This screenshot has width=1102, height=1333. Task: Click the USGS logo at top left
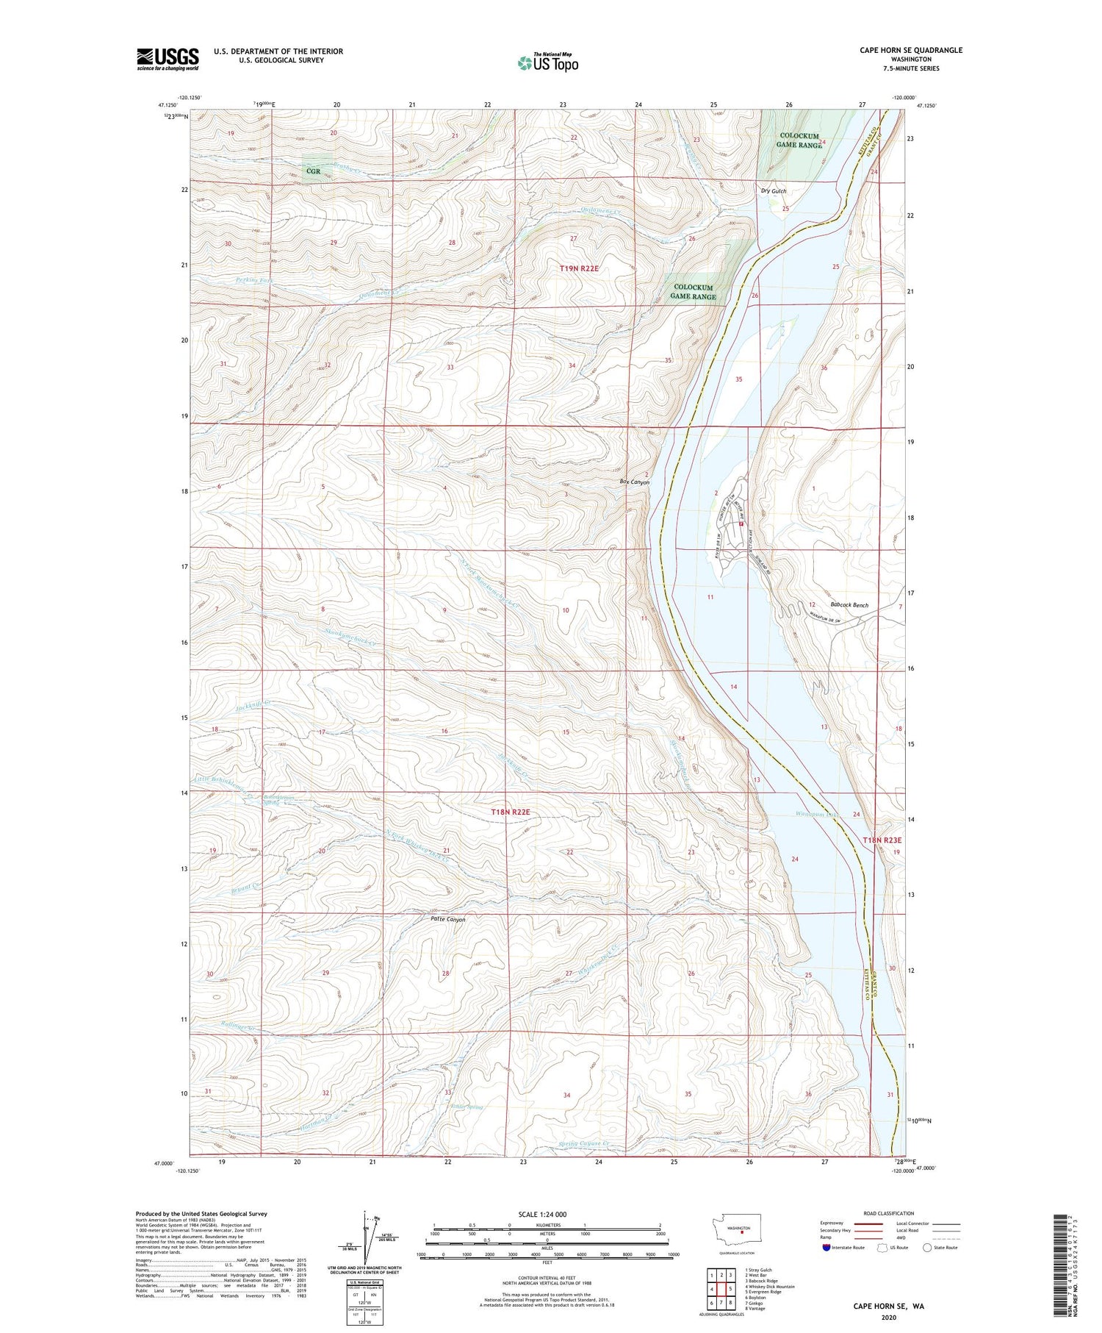(x=168, y=59)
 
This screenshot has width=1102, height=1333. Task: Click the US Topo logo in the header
(x=547, y=63)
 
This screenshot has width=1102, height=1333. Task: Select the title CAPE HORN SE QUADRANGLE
(x=911, y=50)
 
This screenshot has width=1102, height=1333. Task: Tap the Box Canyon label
(x=635, y=482)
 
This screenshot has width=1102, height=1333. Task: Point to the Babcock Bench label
(x=849, y=605)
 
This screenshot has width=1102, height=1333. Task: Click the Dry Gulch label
(x=773, y=191)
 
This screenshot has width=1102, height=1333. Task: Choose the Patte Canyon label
(x=447, y=919)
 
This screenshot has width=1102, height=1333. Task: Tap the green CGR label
(x=314, y=171)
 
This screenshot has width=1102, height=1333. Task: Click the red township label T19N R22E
(x=580, y=269)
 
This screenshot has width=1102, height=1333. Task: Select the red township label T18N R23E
(x=882, y=840)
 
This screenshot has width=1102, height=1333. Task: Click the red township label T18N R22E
(x=510, y=812)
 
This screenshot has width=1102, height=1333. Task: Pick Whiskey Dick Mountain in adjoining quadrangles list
(x=768, y=1287)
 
